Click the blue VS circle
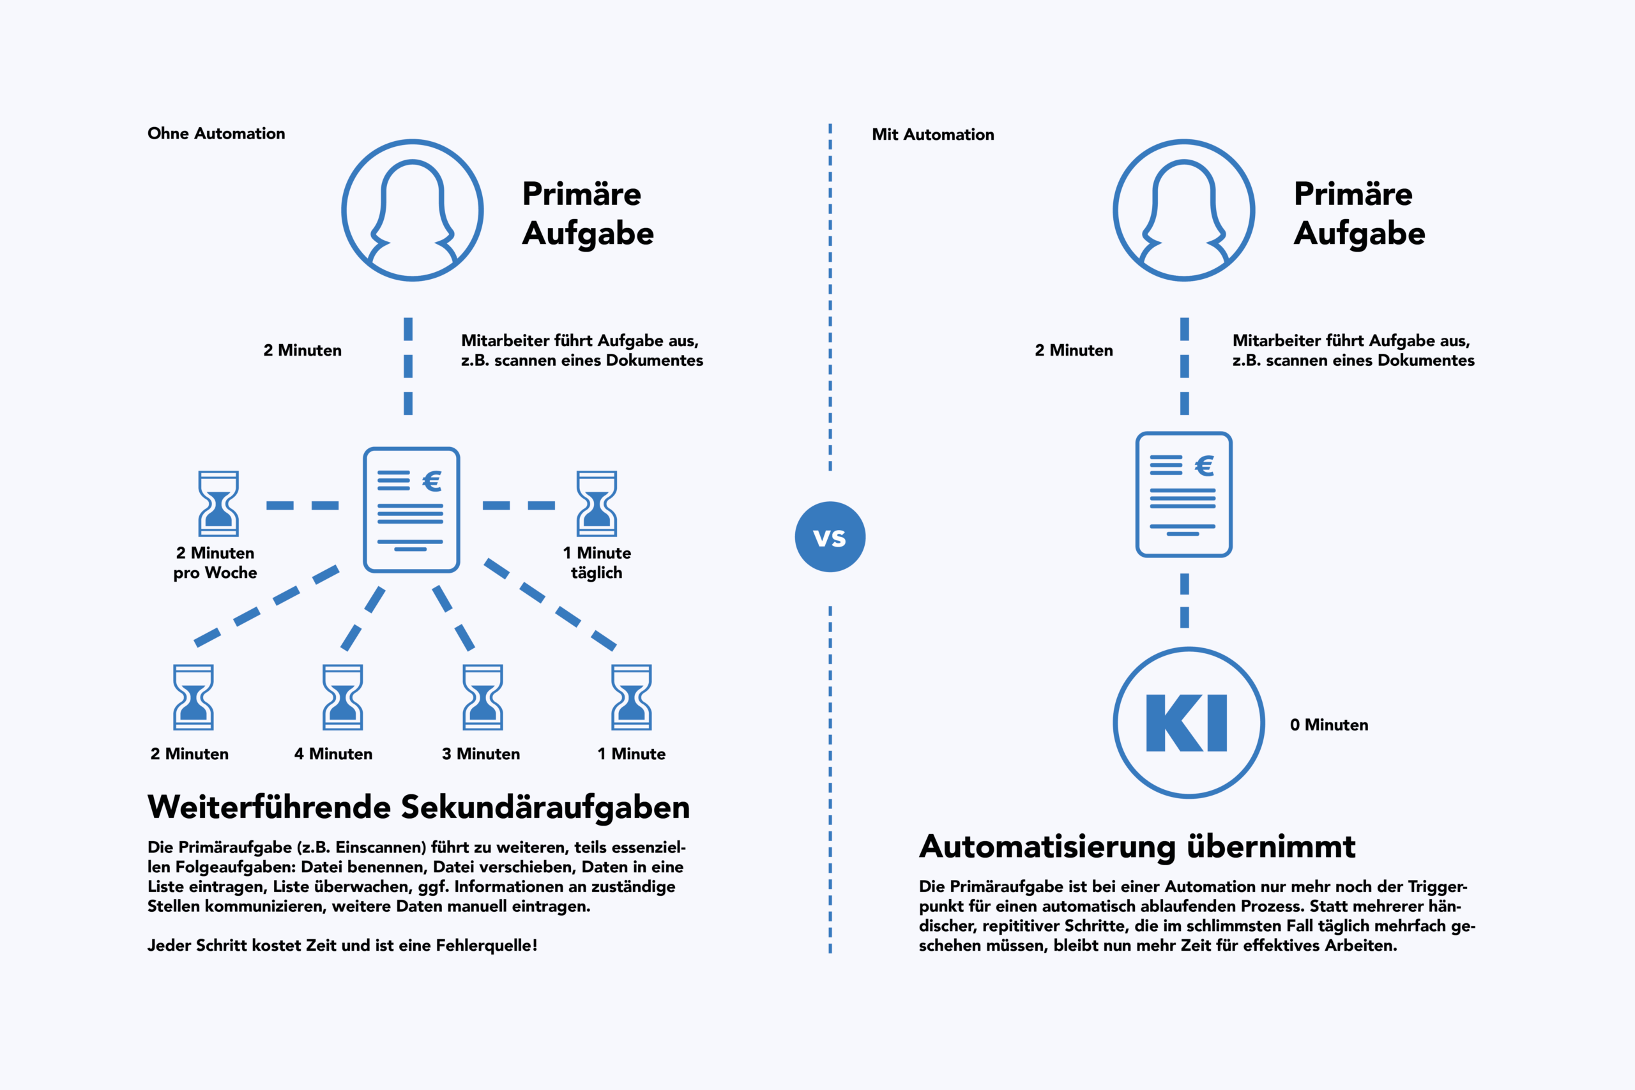click(830, 536)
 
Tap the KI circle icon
click(1189, 723)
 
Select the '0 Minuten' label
click(1328, 725)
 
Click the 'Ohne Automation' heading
click(217, 133)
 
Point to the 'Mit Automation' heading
click(933, 135)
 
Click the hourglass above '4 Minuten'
click(343, 697)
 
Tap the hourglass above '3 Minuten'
click(482, 697)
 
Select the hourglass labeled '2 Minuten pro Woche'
click(218, 504)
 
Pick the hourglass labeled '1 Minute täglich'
click(597, 504)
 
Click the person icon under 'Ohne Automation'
click(412, 210)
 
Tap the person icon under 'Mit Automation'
click(1184, 210)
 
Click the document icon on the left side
click(411, 510)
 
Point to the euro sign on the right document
click(1205, 466)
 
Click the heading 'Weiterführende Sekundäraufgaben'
click(418, 807)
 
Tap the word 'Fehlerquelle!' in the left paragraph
click(487, 946)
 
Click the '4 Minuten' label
click(333, 754)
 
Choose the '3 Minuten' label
click(481, 754)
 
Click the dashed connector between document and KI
click(1185, 601)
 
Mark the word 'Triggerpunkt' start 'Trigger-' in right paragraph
click(1437, 887)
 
